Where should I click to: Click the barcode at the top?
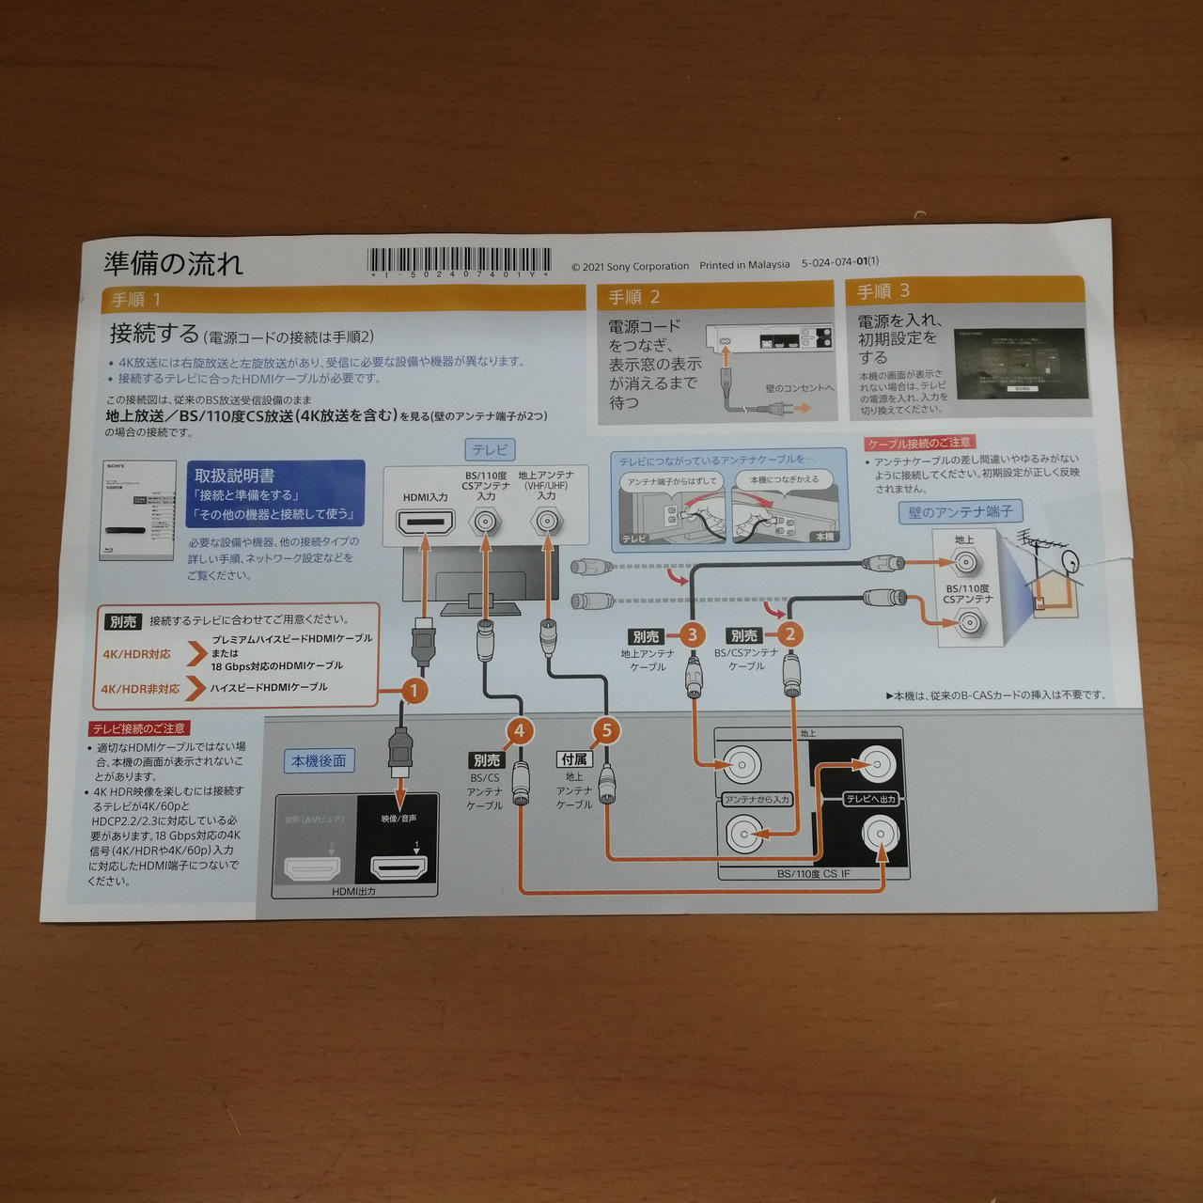coord(461,261)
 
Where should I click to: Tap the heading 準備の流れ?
coord(173,263)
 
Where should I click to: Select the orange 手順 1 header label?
coord(136,300)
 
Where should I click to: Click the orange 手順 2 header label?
coord(633,297)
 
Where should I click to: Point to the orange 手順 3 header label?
coord(883,291)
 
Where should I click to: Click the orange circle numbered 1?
coord(414,691)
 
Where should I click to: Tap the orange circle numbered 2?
coord(789,634)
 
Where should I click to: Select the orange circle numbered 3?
coord(692,634)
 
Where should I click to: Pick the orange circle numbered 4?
coord(520,730)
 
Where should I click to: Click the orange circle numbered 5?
coord(606,730)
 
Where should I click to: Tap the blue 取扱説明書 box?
coord(275,493)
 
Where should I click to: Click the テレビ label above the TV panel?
coord(490,450)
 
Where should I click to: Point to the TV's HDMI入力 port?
coord(426,523)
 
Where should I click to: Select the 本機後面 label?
coord(319,760)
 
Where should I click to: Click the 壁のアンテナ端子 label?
coord(960,512)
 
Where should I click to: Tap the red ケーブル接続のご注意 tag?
coord(919,443)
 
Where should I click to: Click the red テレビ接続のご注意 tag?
coord(139,728)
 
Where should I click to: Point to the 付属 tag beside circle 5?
coord(573,758)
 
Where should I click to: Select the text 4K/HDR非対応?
coord(141,689)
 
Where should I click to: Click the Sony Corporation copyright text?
coord(631,266)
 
